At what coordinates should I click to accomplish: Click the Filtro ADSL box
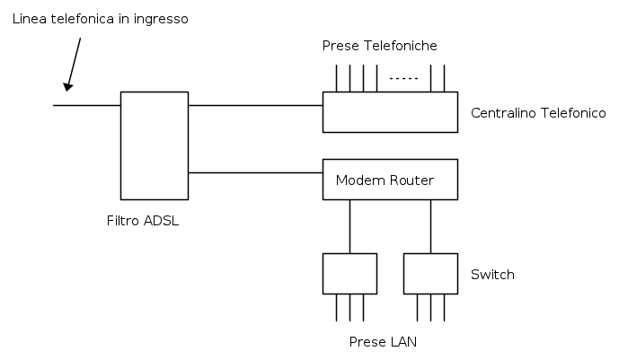tap(155, 145)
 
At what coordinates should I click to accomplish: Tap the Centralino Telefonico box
tap(391, 112)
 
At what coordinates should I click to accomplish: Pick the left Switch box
tap(349, 273)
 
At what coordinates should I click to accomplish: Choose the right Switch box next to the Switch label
tap(430, 273)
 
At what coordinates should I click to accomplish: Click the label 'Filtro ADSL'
tap(143, 222)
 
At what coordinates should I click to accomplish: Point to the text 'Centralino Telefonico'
tap(538, 113)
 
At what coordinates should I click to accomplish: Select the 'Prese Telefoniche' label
tap(379, 46)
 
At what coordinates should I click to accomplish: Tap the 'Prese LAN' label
tap(384, 342)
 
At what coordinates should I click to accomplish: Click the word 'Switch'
tap(492, 275)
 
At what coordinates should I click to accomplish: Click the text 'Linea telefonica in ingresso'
tap(101, 19)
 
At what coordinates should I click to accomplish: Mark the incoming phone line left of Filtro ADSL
tap(87, 105)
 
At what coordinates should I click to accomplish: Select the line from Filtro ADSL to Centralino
tap(255, 105)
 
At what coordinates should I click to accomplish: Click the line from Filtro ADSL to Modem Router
tap(255, 172)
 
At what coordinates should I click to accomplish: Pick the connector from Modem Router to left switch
tap(349, 226)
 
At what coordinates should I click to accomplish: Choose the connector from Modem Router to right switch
tap(430, 226)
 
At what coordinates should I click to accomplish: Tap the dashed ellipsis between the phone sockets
tap(404, 79)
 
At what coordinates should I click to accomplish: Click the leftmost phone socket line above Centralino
tap(337, 78)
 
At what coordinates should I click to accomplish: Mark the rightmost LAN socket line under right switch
tap(445, 307)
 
